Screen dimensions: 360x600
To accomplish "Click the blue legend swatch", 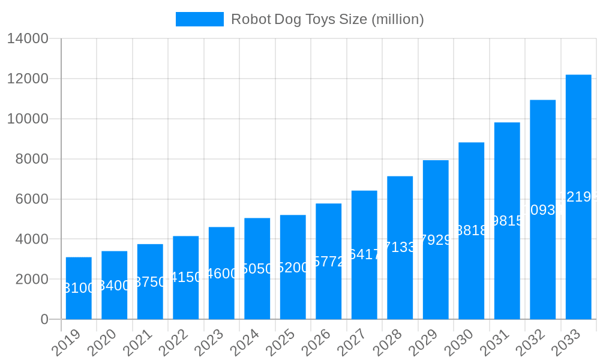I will [199, 19].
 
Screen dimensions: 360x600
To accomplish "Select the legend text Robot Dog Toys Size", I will [327, 19].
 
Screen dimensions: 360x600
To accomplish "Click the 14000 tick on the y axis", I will [28, 39].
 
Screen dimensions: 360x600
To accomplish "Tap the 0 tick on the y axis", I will [44, 319].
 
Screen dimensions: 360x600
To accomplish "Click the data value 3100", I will [79, 288].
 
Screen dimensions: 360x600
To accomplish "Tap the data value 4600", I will [221, 274].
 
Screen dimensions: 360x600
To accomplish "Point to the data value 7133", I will [400, 247].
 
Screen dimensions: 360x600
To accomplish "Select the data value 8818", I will [472, 230].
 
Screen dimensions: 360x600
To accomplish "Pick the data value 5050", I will [257, 269].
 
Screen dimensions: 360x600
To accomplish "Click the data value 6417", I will [364, 254].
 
